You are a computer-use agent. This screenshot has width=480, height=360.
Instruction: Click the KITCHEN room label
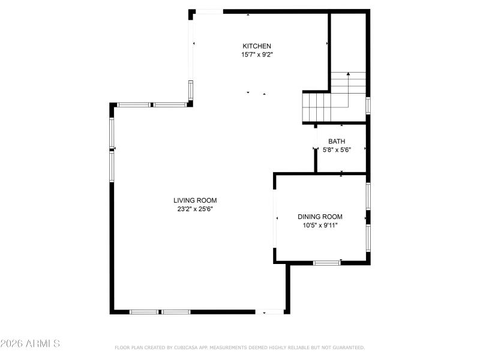pos(257,46)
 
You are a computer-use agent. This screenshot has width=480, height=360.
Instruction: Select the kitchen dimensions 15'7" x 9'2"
pos(257,55)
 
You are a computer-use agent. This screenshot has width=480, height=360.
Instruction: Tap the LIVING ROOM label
pos(195,200)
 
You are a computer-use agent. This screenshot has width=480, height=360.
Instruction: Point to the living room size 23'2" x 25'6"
pos(195,209)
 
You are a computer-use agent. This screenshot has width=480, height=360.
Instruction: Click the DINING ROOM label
pos(320,217)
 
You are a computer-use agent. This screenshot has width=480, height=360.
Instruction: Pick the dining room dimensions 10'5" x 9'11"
pos(320,226)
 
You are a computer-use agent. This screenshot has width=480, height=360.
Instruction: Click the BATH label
pos(336,142)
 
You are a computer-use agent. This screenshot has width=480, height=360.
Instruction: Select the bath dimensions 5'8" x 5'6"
pos(336,150)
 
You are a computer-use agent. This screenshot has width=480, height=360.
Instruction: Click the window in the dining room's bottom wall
pos(326,262)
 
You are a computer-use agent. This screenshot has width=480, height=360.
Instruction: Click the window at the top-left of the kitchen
pos(209,11)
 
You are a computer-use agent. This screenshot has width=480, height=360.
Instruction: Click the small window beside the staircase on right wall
pos(368,105)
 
